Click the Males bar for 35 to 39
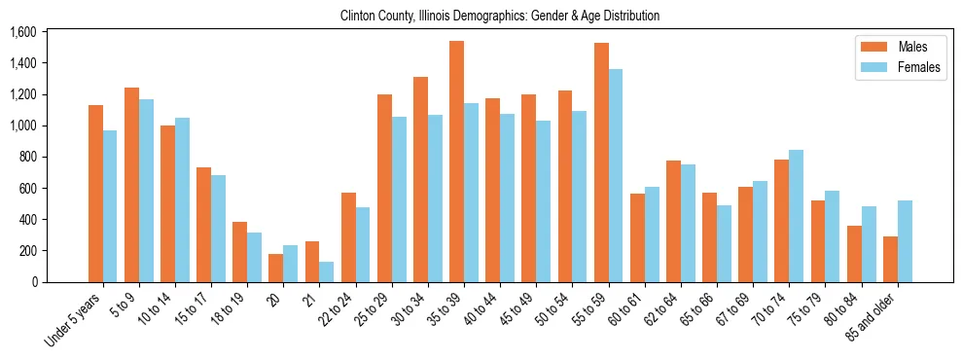pos(456,162)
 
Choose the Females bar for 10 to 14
pos(182,199)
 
